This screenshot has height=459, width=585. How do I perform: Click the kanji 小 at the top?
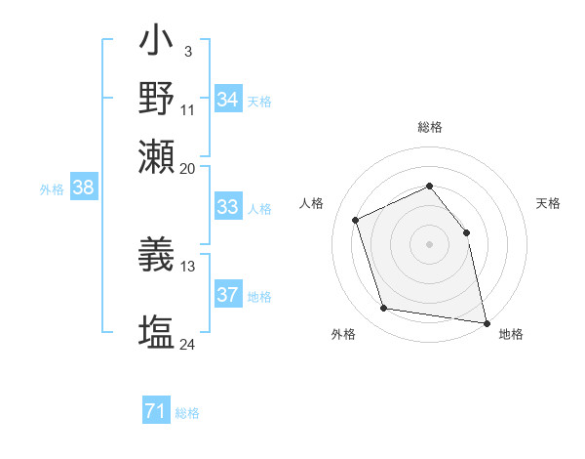coord(157,42)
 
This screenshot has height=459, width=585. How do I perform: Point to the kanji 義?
coord(157,255)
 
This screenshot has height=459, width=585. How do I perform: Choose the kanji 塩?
coord(157,331)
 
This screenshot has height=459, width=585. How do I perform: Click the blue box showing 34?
coord(227,99)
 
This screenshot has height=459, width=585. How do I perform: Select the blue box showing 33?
coord(227,207)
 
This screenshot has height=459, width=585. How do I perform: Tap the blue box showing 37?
coord(227,295)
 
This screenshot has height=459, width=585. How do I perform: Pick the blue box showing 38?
coord(83,188)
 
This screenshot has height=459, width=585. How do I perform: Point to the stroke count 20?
coord(187,167)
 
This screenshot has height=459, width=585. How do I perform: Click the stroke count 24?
coord(187,344)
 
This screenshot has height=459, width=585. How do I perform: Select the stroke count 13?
coord(187,265)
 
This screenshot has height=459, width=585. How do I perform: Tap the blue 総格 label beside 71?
coord(187,413)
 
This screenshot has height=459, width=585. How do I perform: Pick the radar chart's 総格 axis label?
coord(429,127)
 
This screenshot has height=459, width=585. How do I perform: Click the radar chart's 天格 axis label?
coord(548,203)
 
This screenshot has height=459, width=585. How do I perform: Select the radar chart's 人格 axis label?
coord(311,203)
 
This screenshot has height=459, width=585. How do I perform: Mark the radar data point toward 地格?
coord(485,321)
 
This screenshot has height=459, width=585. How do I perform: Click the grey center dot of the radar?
coord(429,244)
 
